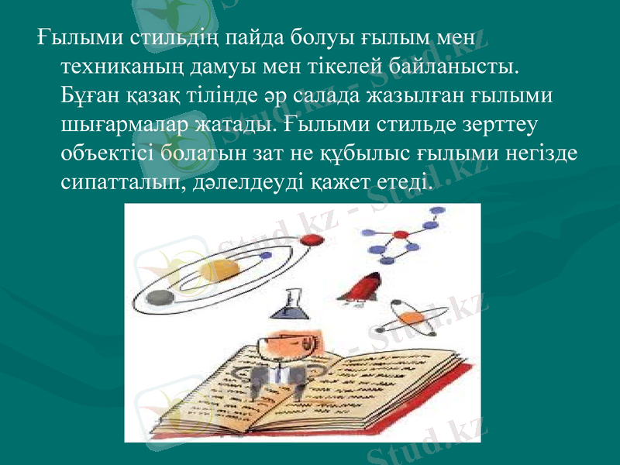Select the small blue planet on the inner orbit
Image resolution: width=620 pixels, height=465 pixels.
[266, 255]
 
